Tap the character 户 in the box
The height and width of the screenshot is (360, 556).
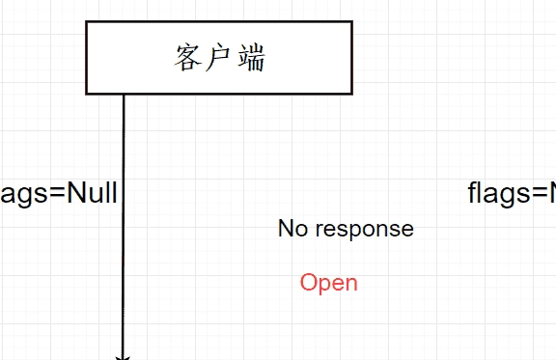tap(220, 59)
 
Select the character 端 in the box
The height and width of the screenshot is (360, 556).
tap(250, 59)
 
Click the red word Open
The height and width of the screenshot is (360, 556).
tap(328, 283)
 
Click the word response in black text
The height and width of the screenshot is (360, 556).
tap(364, 230)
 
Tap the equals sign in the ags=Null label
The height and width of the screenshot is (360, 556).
tap(55, 194)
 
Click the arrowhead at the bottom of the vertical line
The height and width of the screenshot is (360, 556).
tap(123, 356)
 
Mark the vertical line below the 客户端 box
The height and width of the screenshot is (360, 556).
tap(124, 222)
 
